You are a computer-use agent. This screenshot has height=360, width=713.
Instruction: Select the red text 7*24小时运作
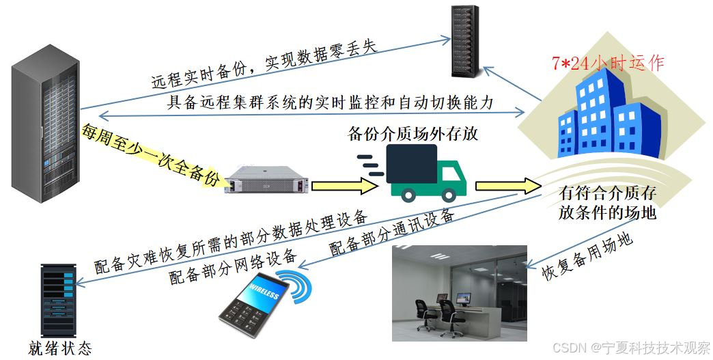pos(608,64)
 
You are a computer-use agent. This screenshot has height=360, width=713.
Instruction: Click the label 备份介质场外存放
pos(413,133)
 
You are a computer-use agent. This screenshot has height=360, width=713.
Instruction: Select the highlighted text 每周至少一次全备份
pos(151,156)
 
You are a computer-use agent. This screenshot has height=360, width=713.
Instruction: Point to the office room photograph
pos(459,293)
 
